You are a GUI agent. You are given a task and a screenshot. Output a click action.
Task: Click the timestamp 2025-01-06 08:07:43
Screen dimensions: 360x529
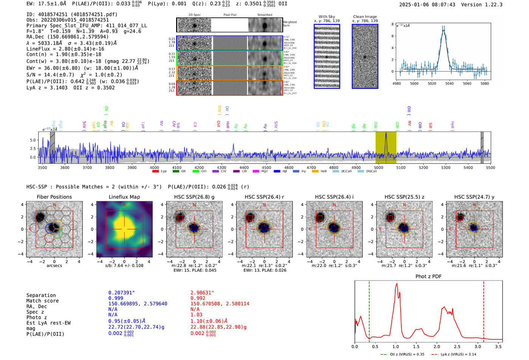[x=427, y=5]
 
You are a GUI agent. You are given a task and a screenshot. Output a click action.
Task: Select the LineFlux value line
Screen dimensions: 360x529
[x=65, y=49]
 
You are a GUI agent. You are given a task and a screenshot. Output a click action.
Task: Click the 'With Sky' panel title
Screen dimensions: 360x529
[x=326, y=17]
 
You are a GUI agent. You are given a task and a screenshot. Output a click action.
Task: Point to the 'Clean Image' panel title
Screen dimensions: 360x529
[x=365, y=17]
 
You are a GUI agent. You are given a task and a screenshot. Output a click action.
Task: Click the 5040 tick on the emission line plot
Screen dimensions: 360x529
[x=449, y=83]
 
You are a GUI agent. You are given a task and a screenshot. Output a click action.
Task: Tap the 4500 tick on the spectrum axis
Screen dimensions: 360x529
[x=266, y=168]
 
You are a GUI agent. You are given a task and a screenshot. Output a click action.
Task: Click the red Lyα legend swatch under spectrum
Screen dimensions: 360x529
[x=155, y=172]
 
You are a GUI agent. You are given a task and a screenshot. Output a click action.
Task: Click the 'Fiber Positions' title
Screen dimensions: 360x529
[x=54, y=197]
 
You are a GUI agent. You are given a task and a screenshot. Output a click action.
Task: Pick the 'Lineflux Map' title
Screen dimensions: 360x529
[x=124, y=197]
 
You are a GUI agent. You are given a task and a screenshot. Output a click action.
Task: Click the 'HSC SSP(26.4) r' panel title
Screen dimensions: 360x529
[x=264, y=197]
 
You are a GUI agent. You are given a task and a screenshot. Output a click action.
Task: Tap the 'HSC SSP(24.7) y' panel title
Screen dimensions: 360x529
[x=474, y=197]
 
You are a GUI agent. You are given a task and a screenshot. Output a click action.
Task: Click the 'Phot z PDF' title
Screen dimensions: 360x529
[x=428, y=277]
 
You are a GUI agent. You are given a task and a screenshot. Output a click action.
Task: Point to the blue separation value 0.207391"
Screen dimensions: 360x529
[x=121, y=293]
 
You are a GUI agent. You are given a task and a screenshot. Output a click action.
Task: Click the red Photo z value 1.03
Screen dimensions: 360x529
[x=196, y=315]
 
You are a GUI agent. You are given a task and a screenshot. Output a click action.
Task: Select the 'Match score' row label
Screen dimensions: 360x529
[x=42, y=301]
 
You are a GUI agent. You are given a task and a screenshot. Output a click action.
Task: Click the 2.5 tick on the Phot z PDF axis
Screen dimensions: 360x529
[x=457, y=346]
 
